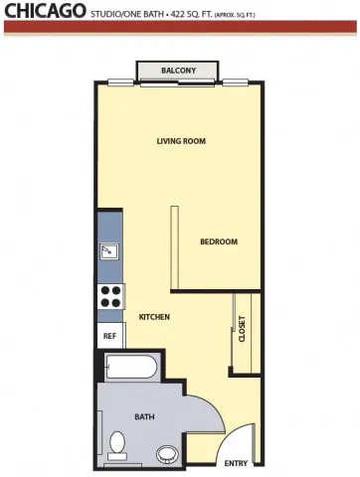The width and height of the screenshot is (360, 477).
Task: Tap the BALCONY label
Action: pos(179,71)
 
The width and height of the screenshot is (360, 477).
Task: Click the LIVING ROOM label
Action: pos(181,141)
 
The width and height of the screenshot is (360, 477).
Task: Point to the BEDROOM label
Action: pos(218,241)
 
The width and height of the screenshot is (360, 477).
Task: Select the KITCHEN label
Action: pos(154,316)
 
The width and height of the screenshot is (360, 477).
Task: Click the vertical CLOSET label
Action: pos(242,330)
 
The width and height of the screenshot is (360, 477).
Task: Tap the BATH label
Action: pos(144,418)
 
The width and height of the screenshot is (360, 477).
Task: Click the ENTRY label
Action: pos(236,463)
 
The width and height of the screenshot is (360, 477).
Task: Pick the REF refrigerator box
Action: pos(109,336)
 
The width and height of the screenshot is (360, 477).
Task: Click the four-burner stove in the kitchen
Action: pos(109,295)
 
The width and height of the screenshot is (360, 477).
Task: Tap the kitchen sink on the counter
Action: pos(107,252)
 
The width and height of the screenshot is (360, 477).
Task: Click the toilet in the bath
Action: pos(118,444)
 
